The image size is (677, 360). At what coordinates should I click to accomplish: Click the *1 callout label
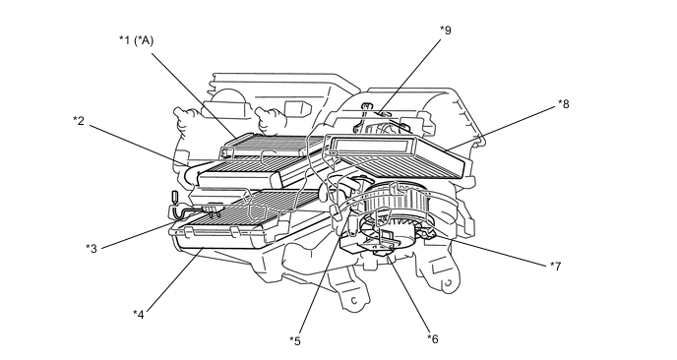point(124,40)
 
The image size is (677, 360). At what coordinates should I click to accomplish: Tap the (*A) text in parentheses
point(144,40)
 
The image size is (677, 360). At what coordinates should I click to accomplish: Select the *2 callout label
point(79,121)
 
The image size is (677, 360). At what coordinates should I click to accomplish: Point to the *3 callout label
point(92,248)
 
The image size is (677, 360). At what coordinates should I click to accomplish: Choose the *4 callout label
point(139,314)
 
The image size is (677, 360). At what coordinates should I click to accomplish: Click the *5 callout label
point(295,341)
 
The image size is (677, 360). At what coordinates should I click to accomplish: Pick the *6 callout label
point(433,339)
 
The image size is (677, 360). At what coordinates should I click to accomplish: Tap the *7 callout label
point(556,266)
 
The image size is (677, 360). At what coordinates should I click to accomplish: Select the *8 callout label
point(564,103)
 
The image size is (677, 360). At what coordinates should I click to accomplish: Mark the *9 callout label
point(446,30)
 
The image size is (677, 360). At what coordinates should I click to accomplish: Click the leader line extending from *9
point(409,78)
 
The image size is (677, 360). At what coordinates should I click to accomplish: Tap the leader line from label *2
point(139,145)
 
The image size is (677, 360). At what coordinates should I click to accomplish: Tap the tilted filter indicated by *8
point(398,155)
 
